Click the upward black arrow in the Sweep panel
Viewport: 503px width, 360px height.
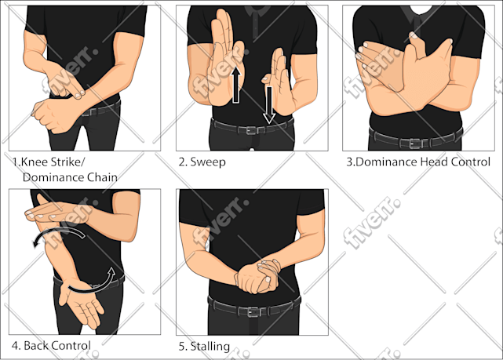[x=236, y=85]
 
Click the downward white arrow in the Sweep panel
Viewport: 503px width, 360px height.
[x=269, y=105]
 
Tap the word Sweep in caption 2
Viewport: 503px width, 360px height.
[x=208, y=162]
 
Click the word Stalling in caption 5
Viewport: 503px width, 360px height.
[x=210, y=346]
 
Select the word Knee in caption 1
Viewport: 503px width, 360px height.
[x=35, y=162]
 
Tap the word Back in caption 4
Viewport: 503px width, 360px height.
[x=36, y=346]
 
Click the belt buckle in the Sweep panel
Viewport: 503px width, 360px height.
[x=252, y=130]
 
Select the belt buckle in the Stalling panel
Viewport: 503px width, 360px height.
[x=253, y=311]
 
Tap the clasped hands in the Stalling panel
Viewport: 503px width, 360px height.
[x=258, y=276]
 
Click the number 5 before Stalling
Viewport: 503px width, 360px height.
[x=182, y=346]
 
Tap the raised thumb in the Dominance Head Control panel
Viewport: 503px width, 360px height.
[x=416, y=45]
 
